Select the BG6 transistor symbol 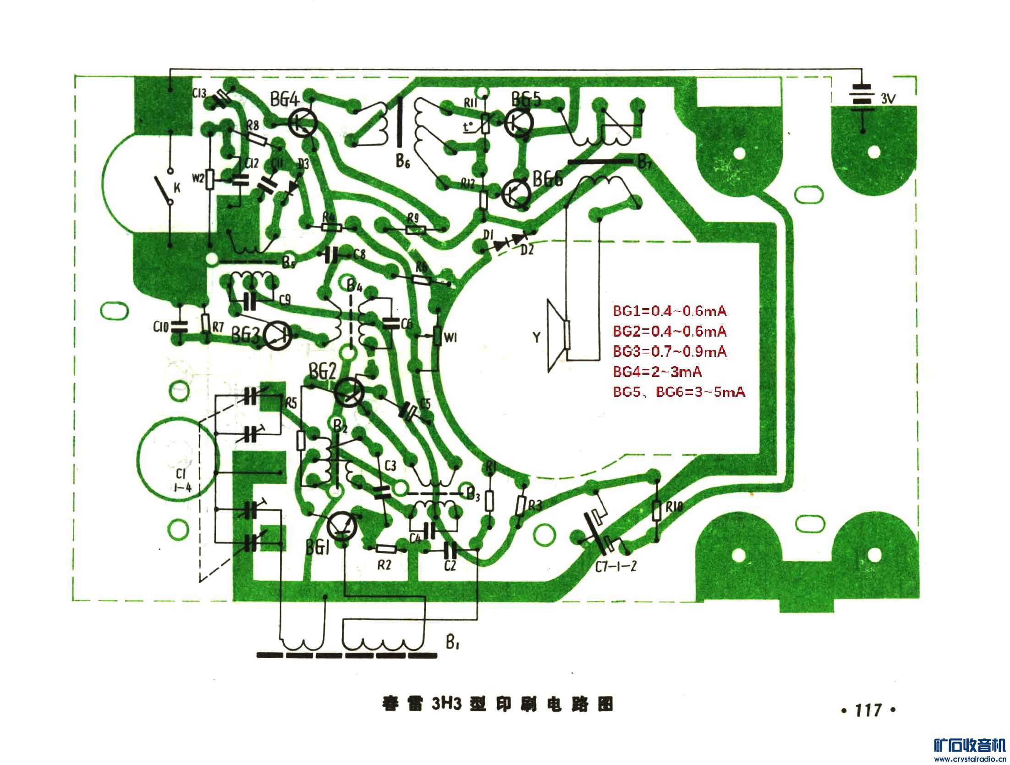pyautogui.click(x=516, y=193)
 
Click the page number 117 pyautogui.click(x=868, y=710)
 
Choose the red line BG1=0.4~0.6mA pyautogui.click(x=670, y=311)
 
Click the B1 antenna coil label pyautogui.click(x=452, y=643)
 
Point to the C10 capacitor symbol pyautogui.click(x=179, y=327)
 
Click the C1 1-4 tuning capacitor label pyautogui.click(x=182, y=481)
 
